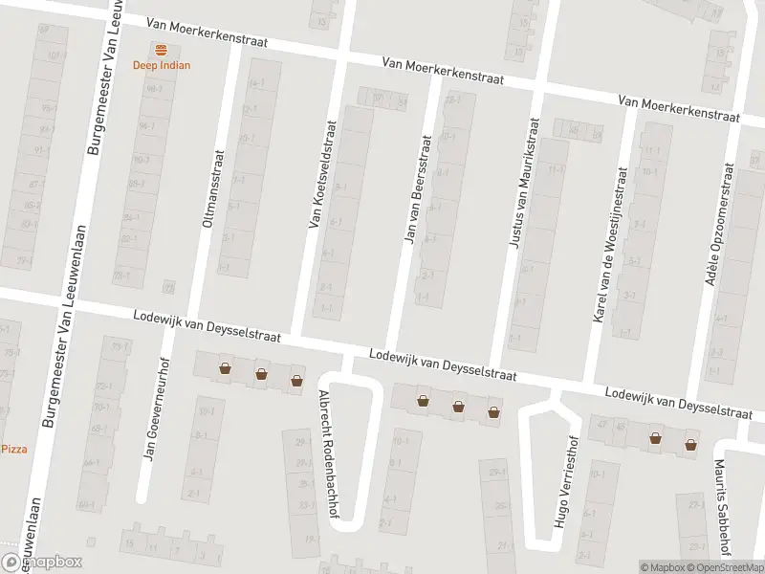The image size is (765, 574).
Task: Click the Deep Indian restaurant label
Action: [161, 65]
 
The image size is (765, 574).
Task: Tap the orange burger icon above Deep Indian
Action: [161, 49]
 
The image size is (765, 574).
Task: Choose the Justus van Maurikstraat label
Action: [523, 185]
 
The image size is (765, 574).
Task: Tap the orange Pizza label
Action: [14, 449]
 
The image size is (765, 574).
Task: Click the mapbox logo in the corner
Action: [41, 563]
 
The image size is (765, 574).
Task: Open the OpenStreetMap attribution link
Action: [720, 567]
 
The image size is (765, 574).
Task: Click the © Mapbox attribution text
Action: [662, 567]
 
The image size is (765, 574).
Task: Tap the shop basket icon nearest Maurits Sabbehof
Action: [690, 443]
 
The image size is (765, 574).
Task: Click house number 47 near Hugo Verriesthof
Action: [601, 424]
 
